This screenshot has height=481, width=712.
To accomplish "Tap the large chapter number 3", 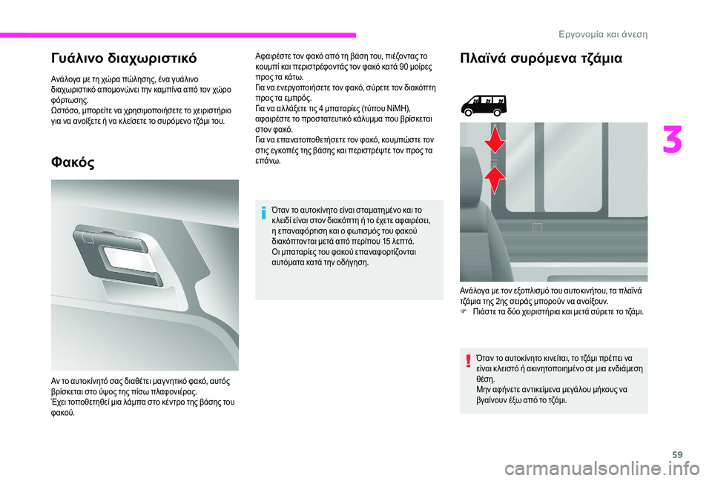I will click(674, 140).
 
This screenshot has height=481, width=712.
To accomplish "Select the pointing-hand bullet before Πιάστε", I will click(465, 313).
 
